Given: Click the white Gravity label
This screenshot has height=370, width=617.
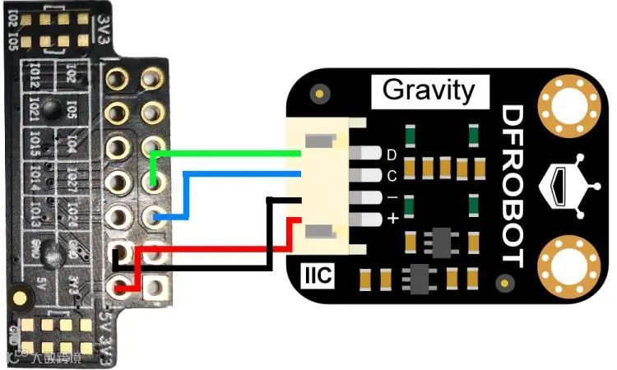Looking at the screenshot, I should (x=429, y=90).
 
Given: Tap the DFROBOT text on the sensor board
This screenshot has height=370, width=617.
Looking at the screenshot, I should (x=512, y=186).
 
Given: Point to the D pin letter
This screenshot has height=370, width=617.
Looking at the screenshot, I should (x=392, y=155).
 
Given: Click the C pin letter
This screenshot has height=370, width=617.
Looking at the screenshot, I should (x=392, y=176).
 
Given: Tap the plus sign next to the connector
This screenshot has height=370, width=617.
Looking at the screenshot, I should (x=392, y=219).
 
